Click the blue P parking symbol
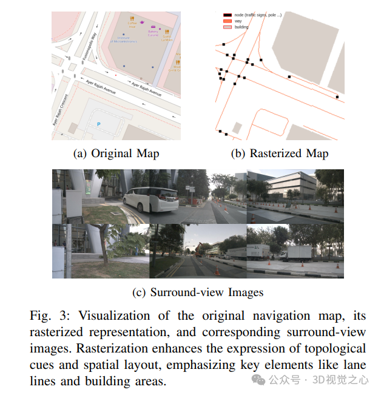99,124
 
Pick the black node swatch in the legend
224,13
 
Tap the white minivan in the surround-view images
150,198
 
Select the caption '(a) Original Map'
116,154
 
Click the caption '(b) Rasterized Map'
280,154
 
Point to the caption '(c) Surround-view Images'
198,292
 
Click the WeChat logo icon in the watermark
258,380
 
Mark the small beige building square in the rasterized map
237,128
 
